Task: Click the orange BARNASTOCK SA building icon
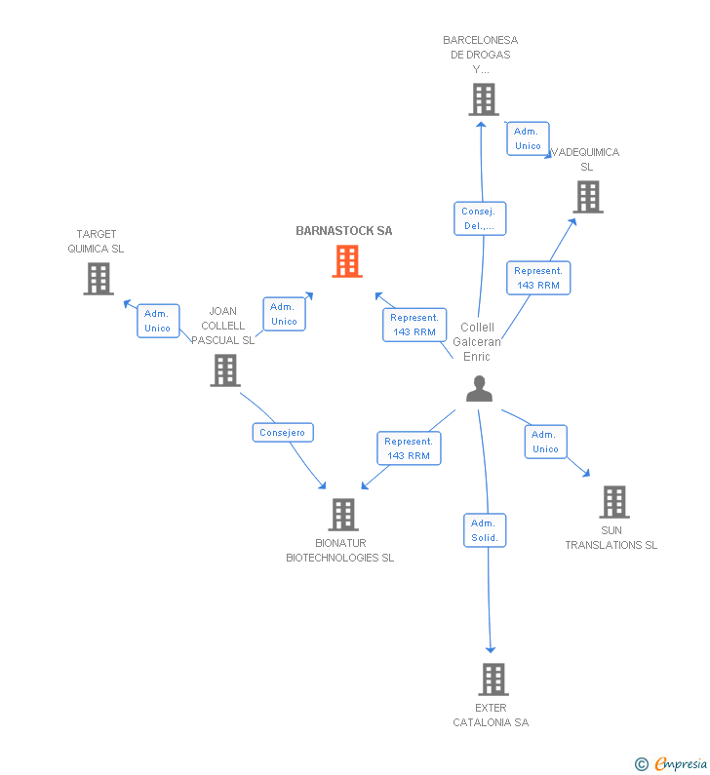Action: pos(347,261)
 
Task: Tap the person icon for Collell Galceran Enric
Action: pos(479,389)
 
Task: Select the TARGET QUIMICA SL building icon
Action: pos(98,279)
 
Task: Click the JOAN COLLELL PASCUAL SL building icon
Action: pos(225,370)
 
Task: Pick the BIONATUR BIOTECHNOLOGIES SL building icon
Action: pos(342,515)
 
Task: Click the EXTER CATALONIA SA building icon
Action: pos(493,679)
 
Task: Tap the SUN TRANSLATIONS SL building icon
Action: pos(613,502)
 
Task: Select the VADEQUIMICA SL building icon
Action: pos(587,197)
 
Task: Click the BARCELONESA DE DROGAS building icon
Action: pos(483,99)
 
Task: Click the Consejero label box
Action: pos(283,432)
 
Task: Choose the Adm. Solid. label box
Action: pos(485,530)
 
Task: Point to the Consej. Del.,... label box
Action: pos(479,218)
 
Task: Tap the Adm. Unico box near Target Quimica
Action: pos(158,321)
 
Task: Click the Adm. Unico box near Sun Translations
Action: pos(545,442)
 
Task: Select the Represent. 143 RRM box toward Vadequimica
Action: pos(538,278)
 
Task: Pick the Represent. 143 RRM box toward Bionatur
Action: pos(408,448)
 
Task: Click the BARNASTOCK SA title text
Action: pos(344,231)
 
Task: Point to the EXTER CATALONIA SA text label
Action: pos(491,716)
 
